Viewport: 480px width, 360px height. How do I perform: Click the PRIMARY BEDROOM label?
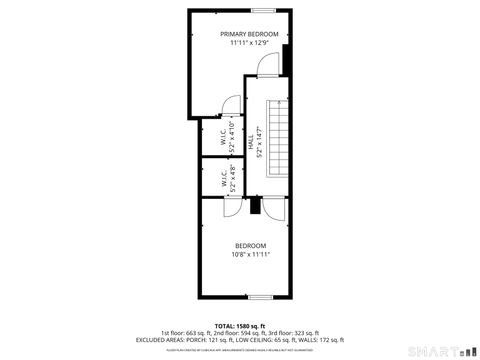249,34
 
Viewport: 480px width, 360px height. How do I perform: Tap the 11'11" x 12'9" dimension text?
249,43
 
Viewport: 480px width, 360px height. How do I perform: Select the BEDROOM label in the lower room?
250,246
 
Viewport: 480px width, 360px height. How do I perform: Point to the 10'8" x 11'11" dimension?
250,255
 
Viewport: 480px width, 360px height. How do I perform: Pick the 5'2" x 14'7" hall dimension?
259,141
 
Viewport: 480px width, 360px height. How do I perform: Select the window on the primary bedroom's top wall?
263,10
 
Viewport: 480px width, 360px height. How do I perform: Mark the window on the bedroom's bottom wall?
260,296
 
